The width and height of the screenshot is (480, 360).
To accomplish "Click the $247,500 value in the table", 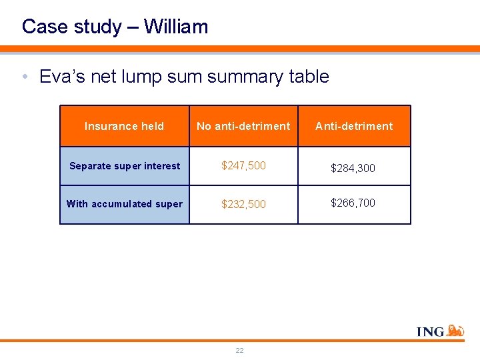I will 243,165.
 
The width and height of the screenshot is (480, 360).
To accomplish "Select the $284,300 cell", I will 353,168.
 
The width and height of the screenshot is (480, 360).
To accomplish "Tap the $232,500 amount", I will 243,204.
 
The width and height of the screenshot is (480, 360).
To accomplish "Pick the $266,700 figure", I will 353,203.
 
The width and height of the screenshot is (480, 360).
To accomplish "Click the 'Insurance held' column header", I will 124,126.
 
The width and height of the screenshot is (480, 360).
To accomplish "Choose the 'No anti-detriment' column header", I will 243,126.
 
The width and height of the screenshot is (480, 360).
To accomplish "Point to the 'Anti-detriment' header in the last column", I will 353,126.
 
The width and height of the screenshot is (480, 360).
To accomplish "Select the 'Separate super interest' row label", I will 124,166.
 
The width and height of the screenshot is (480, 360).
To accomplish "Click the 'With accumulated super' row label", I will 124,204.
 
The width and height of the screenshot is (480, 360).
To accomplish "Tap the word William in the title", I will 176,27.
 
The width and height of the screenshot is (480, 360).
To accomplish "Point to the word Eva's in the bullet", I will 60,77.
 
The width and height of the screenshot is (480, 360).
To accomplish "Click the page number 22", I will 239,350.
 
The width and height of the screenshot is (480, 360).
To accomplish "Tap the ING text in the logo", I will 431,331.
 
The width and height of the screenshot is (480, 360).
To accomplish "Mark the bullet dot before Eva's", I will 25,77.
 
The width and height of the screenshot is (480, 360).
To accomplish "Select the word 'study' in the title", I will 91,27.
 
